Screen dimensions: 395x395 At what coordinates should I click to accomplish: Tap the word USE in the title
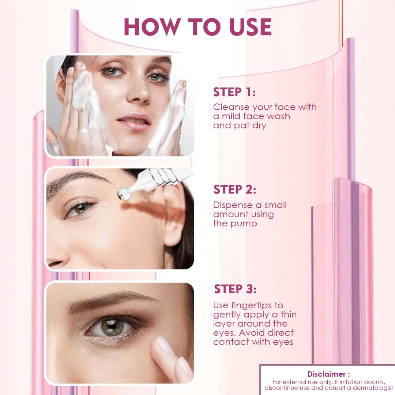(x=251, y=27)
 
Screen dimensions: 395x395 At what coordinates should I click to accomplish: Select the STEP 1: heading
(x=234, y=92)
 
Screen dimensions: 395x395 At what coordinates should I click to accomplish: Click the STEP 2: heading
(x=235, y=189)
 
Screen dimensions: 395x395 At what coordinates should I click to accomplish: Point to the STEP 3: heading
(x=235, y=289)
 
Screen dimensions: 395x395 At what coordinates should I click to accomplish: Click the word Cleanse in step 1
(x=231, y=107)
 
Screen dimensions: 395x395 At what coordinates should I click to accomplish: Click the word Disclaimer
(x=327, y=374)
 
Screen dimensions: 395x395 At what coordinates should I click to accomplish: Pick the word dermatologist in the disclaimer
(x=373, y=388)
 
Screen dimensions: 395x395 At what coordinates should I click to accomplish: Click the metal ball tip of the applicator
(x=124, y=194)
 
